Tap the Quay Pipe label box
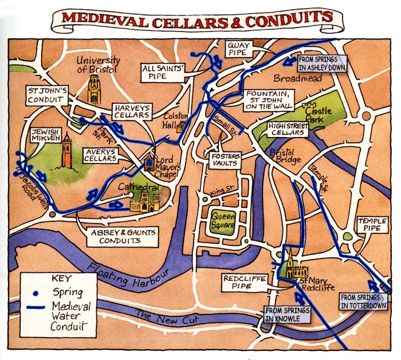[237, 48]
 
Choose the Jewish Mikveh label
[46, 135]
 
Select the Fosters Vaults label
[225, 161]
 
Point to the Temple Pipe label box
[372, 225]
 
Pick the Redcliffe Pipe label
[239, 282]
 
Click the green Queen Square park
[222, 221]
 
